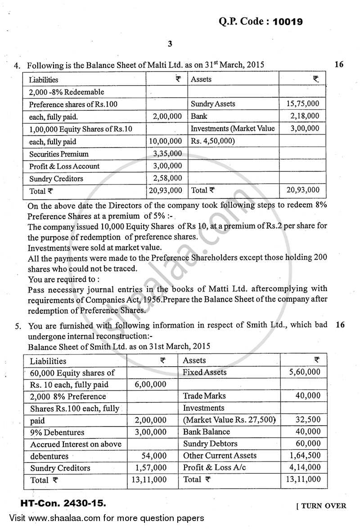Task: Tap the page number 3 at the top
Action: click(170, 44)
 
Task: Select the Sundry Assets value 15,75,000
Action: click(302, 104)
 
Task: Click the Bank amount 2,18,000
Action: click(305, 116)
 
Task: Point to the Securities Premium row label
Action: click(58, 154)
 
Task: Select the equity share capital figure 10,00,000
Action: click(165, 141)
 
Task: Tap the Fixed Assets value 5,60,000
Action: click(305, 372)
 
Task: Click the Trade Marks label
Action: click(204, 396)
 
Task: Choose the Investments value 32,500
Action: click(309, 420)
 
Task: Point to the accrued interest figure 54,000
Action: click(154, 456)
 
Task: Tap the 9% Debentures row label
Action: click(57, 432)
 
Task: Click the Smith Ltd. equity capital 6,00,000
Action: click(150, 385)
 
